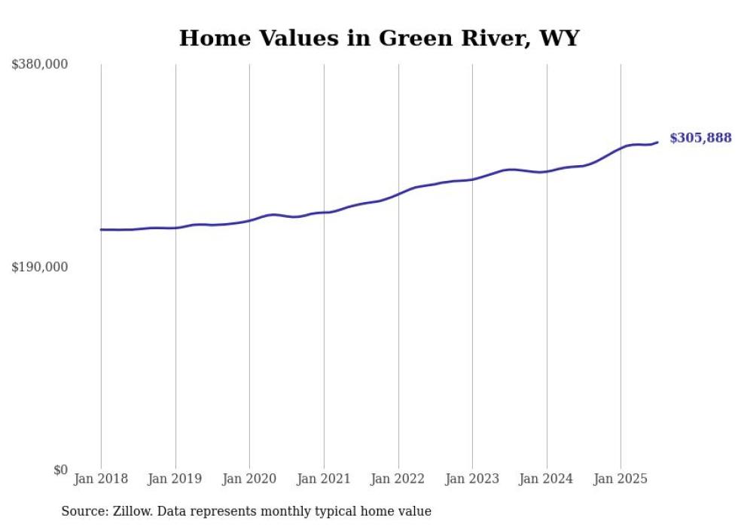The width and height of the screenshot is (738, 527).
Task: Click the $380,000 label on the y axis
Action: [39, 65]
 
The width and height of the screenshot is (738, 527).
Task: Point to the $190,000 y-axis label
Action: [39, 267]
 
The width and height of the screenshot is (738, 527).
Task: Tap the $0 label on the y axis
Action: [60, 470]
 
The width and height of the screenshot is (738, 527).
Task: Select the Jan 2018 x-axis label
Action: [101, 479]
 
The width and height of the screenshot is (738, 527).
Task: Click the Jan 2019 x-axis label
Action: [175, 479]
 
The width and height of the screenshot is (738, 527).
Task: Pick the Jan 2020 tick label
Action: [249, 479]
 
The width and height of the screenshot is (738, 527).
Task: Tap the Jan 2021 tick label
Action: [324, 479]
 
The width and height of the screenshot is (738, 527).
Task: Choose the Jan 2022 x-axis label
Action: [398, 479]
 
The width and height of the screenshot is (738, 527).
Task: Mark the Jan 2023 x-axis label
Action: [472, 479]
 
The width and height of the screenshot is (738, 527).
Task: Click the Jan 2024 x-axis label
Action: [547, 479]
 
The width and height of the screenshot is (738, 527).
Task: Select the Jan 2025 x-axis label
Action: [621, 479]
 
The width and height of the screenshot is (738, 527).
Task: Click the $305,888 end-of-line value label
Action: [700, 138]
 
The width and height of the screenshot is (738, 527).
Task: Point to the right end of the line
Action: [657, 142]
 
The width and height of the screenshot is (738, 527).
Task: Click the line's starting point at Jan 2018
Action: [101, 229]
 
